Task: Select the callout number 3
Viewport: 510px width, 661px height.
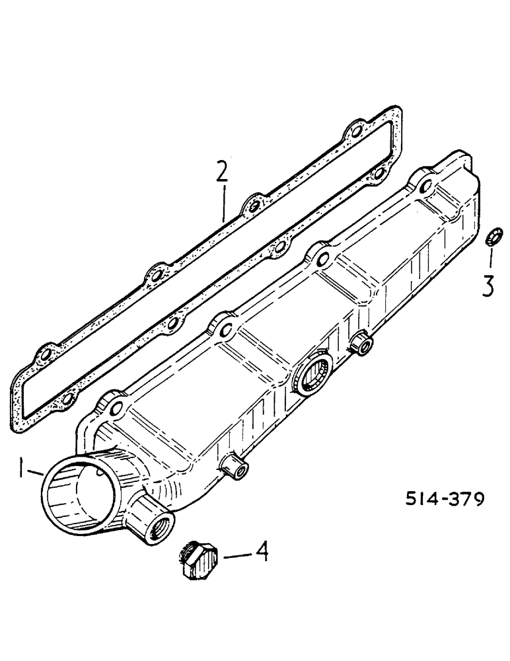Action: pos(487,286)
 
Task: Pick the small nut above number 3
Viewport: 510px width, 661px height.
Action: pos(493,236)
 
